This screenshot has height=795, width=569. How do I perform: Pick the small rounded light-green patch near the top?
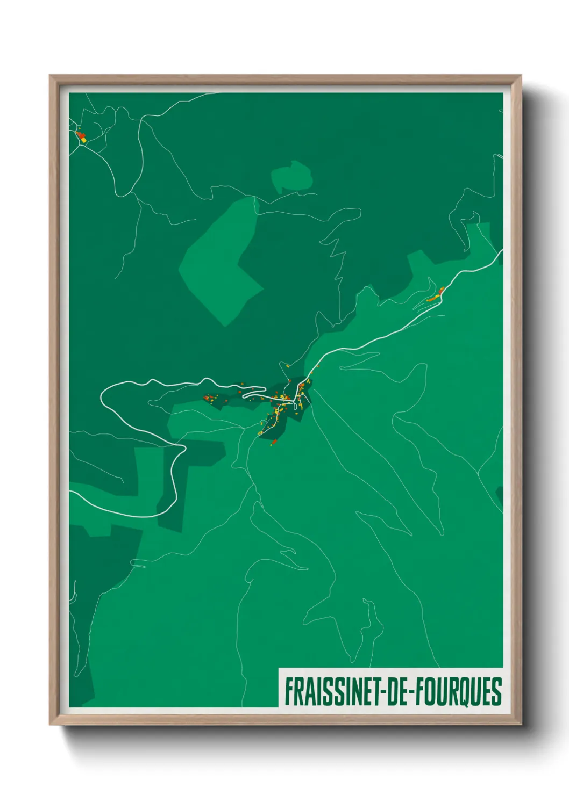292,176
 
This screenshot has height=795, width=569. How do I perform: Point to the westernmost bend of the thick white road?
102,398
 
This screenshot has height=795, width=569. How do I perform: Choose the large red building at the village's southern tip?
274,442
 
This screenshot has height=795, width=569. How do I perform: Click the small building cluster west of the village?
210,398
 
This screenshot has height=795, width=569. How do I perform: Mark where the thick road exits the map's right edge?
502,251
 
